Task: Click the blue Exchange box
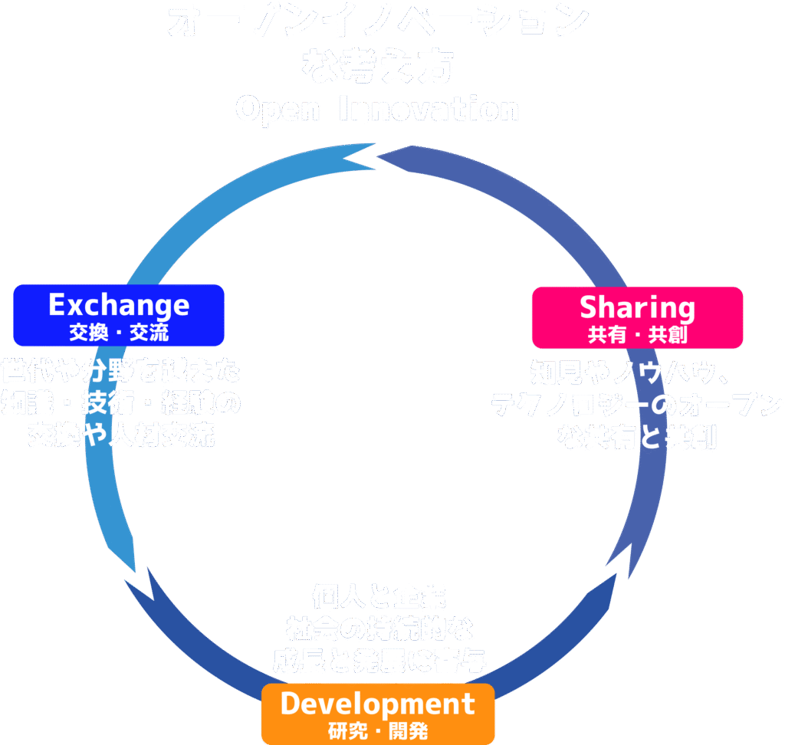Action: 119,315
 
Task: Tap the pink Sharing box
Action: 637,317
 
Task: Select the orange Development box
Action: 378,714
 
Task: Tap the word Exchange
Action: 119,305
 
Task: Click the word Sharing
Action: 637,307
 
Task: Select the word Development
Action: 378,704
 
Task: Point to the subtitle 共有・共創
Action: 637,335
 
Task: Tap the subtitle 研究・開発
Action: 378,730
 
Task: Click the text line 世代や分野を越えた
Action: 120,372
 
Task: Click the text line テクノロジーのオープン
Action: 637,405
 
